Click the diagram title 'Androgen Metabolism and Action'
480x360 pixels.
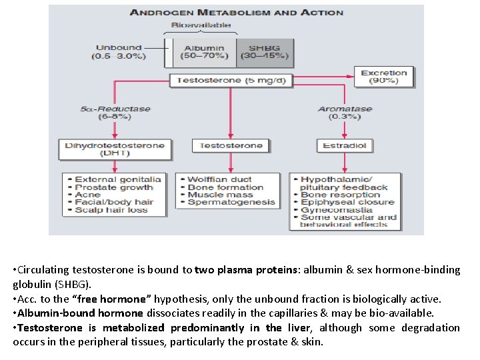point(236,12)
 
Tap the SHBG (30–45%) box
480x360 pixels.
point(266,52)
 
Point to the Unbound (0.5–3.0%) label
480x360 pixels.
point(119,52)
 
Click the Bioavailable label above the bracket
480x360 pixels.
point(201,25)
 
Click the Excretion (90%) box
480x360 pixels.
point(383,77)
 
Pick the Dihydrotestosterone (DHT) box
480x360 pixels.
point(115,148)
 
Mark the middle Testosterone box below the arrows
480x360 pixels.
point(231,145)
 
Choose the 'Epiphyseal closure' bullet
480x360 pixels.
point(347,202)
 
